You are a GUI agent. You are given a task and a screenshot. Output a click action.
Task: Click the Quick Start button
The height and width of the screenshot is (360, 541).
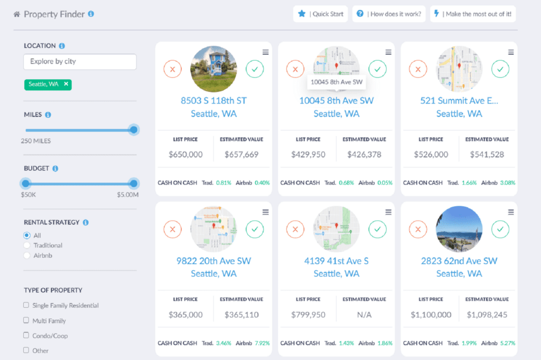(x=321, y=14)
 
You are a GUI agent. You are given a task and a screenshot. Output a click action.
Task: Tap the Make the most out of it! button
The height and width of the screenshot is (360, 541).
(x=473, y=14)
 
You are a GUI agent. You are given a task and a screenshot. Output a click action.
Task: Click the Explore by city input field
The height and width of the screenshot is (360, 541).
(x=80, y=62)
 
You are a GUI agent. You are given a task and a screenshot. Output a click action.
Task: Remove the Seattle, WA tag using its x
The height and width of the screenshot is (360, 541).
(x=66, y=84)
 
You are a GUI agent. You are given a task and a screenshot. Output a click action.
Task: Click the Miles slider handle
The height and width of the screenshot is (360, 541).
(x=134, y=130)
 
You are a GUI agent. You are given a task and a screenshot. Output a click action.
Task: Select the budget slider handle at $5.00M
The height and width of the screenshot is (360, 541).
(x=134, y=184)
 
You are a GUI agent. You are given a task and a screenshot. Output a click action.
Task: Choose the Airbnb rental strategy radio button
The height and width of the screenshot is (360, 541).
(x=27, y=255)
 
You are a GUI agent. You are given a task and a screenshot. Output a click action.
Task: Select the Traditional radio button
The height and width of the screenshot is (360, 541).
(x=27, y=245)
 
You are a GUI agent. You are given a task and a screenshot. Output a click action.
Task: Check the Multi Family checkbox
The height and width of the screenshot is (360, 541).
(x=26, y=320)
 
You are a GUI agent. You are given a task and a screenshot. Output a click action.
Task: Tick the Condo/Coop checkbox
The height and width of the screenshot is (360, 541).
(x=26, y=335)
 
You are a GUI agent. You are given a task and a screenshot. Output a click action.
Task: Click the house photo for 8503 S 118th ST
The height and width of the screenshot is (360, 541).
(x=213, y=69)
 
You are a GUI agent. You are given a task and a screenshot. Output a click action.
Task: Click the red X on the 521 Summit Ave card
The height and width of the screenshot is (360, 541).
(x=418, y=69)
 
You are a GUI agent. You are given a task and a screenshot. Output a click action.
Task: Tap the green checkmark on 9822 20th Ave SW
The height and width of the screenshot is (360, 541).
(x=255, y=229)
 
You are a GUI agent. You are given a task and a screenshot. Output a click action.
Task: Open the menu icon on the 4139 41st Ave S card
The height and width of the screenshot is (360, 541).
(x=388, y=212)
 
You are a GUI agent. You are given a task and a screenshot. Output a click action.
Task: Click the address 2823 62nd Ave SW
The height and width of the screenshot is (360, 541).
(x=459, y=261)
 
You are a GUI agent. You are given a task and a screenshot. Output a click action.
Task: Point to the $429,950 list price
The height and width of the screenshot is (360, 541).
(x=308, y=155)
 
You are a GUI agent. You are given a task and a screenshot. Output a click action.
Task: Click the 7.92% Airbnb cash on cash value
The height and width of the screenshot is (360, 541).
(x=262, y=343)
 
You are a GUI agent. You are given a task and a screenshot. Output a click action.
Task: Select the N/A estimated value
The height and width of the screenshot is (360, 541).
(x=364, y=315)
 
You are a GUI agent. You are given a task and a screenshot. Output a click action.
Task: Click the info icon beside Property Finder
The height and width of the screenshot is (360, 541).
(x=91, y=14)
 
